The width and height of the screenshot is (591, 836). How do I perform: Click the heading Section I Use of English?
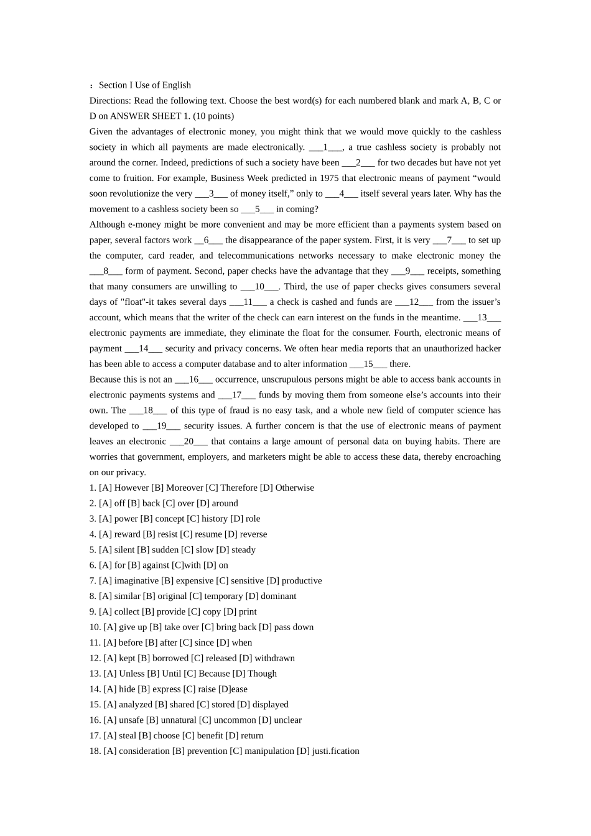click(x=144, y=85)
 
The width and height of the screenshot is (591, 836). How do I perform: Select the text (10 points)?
click(x=213, y=116)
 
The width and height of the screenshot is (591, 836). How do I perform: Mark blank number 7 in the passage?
click(x=449, y=240)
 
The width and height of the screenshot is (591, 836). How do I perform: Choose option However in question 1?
click(x=131, y=488)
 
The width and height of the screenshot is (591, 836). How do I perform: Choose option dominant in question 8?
click(x=278, y=596)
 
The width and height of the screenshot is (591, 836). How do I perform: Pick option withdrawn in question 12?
click(x=274, y=658)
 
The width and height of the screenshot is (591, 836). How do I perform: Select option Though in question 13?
click(x=262, y=674)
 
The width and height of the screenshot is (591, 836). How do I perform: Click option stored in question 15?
click(x=223, y=705)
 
